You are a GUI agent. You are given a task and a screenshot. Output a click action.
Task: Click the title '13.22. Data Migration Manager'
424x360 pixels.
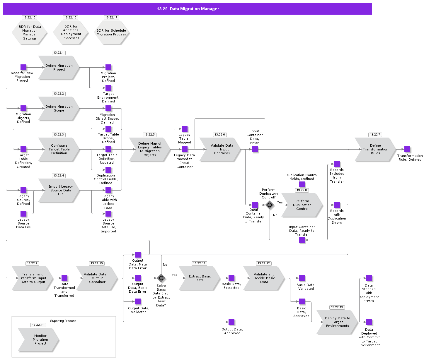coord(188,9)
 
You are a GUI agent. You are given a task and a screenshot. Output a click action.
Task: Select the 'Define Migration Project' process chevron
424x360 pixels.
coord(59,68)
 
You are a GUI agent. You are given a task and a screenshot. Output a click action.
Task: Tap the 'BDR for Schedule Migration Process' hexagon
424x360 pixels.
coord(111,32)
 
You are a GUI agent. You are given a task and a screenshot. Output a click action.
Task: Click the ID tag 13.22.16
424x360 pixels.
coord(70,18)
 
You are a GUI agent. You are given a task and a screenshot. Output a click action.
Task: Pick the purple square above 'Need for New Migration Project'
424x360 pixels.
coord(23,67)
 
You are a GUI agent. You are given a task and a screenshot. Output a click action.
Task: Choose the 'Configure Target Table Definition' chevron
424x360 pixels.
coord(59,149)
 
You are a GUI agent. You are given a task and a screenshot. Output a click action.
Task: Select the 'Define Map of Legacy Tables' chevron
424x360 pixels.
coord(149,149)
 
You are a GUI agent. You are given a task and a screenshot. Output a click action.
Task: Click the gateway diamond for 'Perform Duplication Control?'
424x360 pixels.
coord(270,205)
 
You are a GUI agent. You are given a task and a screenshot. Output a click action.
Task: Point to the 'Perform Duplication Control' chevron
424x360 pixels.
coord(302,205)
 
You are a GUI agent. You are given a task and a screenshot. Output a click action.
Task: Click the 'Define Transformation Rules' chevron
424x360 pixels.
coord(375,149)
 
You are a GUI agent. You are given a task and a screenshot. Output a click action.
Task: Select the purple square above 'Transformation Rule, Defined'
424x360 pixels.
coord(407,149)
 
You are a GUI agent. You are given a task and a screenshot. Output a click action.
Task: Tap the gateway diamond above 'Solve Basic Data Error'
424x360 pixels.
coord(161,278)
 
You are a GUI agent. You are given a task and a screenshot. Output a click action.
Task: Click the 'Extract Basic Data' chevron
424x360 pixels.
coord(199,278)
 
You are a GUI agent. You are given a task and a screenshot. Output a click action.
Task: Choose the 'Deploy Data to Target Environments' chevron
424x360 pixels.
coord(337,322)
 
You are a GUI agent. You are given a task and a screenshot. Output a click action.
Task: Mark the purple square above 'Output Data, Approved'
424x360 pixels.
coord(231,322)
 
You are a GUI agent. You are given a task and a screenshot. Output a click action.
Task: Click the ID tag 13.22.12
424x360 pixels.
coord(264,263)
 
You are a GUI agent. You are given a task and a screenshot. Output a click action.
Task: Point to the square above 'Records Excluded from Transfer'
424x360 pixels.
coord(337,164)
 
